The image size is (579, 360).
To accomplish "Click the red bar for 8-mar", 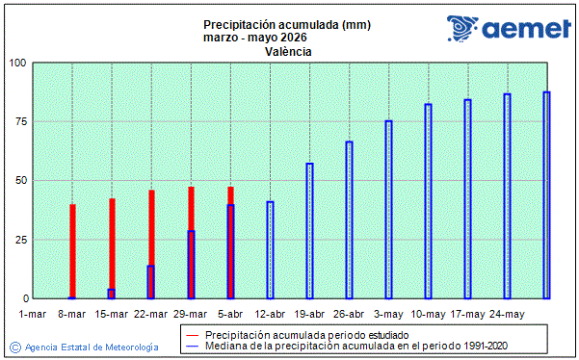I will click(x=72, y=250).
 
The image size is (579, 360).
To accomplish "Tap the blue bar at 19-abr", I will click(x=309, y=230).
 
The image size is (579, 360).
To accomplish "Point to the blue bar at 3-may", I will click(x=388, y=209).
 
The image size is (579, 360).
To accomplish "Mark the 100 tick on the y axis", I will click(x=17, y=64).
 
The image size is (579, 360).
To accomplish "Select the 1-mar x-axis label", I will click(x=33, y=314).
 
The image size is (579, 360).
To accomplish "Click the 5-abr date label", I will click(x=230, y=314).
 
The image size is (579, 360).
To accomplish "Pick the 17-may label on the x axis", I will click(x=467, y=314).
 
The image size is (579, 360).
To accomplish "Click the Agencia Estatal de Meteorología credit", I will click(x=86, y=347).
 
